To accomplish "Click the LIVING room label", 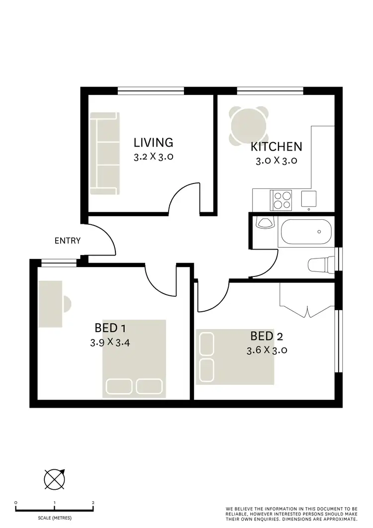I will [x=153, y=143].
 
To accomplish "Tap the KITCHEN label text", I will [x=276, y=147].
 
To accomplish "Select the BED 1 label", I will [x=109, y=328].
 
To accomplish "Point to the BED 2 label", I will [x=267, y=336].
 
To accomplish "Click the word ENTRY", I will [x=68, y=241].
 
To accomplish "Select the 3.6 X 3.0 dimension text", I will [x=267, y=350].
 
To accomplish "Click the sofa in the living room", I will [x=105, y=153].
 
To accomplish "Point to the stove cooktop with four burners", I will [x=280, y=199].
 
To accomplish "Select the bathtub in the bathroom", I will [x=305, y=232].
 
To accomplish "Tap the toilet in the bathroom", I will [x=319, y=264].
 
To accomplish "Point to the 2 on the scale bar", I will [x=93, y=503].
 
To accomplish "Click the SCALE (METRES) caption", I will [x=54, y=518].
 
